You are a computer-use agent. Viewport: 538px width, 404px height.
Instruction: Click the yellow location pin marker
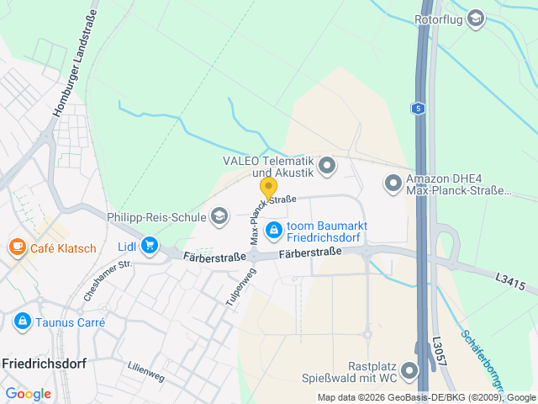click(x=268, y=188)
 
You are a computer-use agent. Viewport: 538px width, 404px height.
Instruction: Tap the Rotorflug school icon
click(x=476, y=19)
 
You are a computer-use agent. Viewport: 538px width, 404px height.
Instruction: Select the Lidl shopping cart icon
click(x=150, y=246)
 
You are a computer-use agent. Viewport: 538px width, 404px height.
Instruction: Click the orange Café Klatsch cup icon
click(x=17, y=247)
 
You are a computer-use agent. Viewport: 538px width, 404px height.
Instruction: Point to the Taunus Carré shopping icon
click(x=22, y=322)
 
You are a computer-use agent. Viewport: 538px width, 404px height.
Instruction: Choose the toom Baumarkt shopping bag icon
click(x=274, y=229)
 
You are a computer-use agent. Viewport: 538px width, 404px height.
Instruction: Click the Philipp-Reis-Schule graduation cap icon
click(x=219, y=217)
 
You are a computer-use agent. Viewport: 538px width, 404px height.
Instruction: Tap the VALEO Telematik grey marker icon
click(x=327, y=165)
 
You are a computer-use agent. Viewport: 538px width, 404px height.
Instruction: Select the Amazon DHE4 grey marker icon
click(x=393, y=183)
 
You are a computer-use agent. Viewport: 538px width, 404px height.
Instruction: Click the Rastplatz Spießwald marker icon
click(x=409, y=370)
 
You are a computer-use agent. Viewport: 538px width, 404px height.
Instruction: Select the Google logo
click(x=28, y=394)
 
